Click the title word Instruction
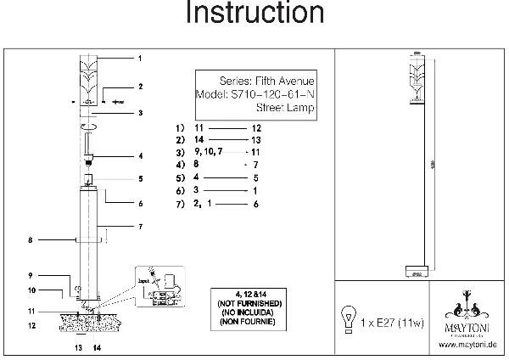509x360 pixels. coord(254,14)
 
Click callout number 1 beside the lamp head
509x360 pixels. coord(140,58)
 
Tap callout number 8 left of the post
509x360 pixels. coord(30,240)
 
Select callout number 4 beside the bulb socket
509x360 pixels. coord(140,156)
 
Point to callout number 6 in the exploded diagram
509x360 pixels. coord(140,204)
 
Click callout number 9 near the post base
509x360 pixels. coord(30,276)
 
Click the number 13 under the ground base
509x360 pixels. coord(78,348)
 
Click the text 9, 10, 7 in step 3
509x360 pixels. coord(210,150)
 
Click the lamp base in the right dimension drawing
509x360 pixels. coord(416,273)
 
